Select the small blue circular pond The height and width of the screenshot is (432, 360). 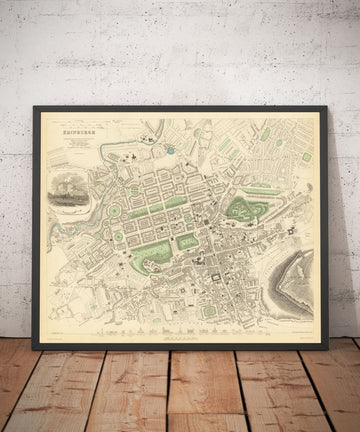click(x=170, y=150)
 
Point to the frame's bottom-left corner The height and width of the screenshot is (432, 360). click(x=34, y=347)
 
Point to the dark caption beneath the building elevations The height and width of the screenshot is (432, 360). click(x=178, y=337)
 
